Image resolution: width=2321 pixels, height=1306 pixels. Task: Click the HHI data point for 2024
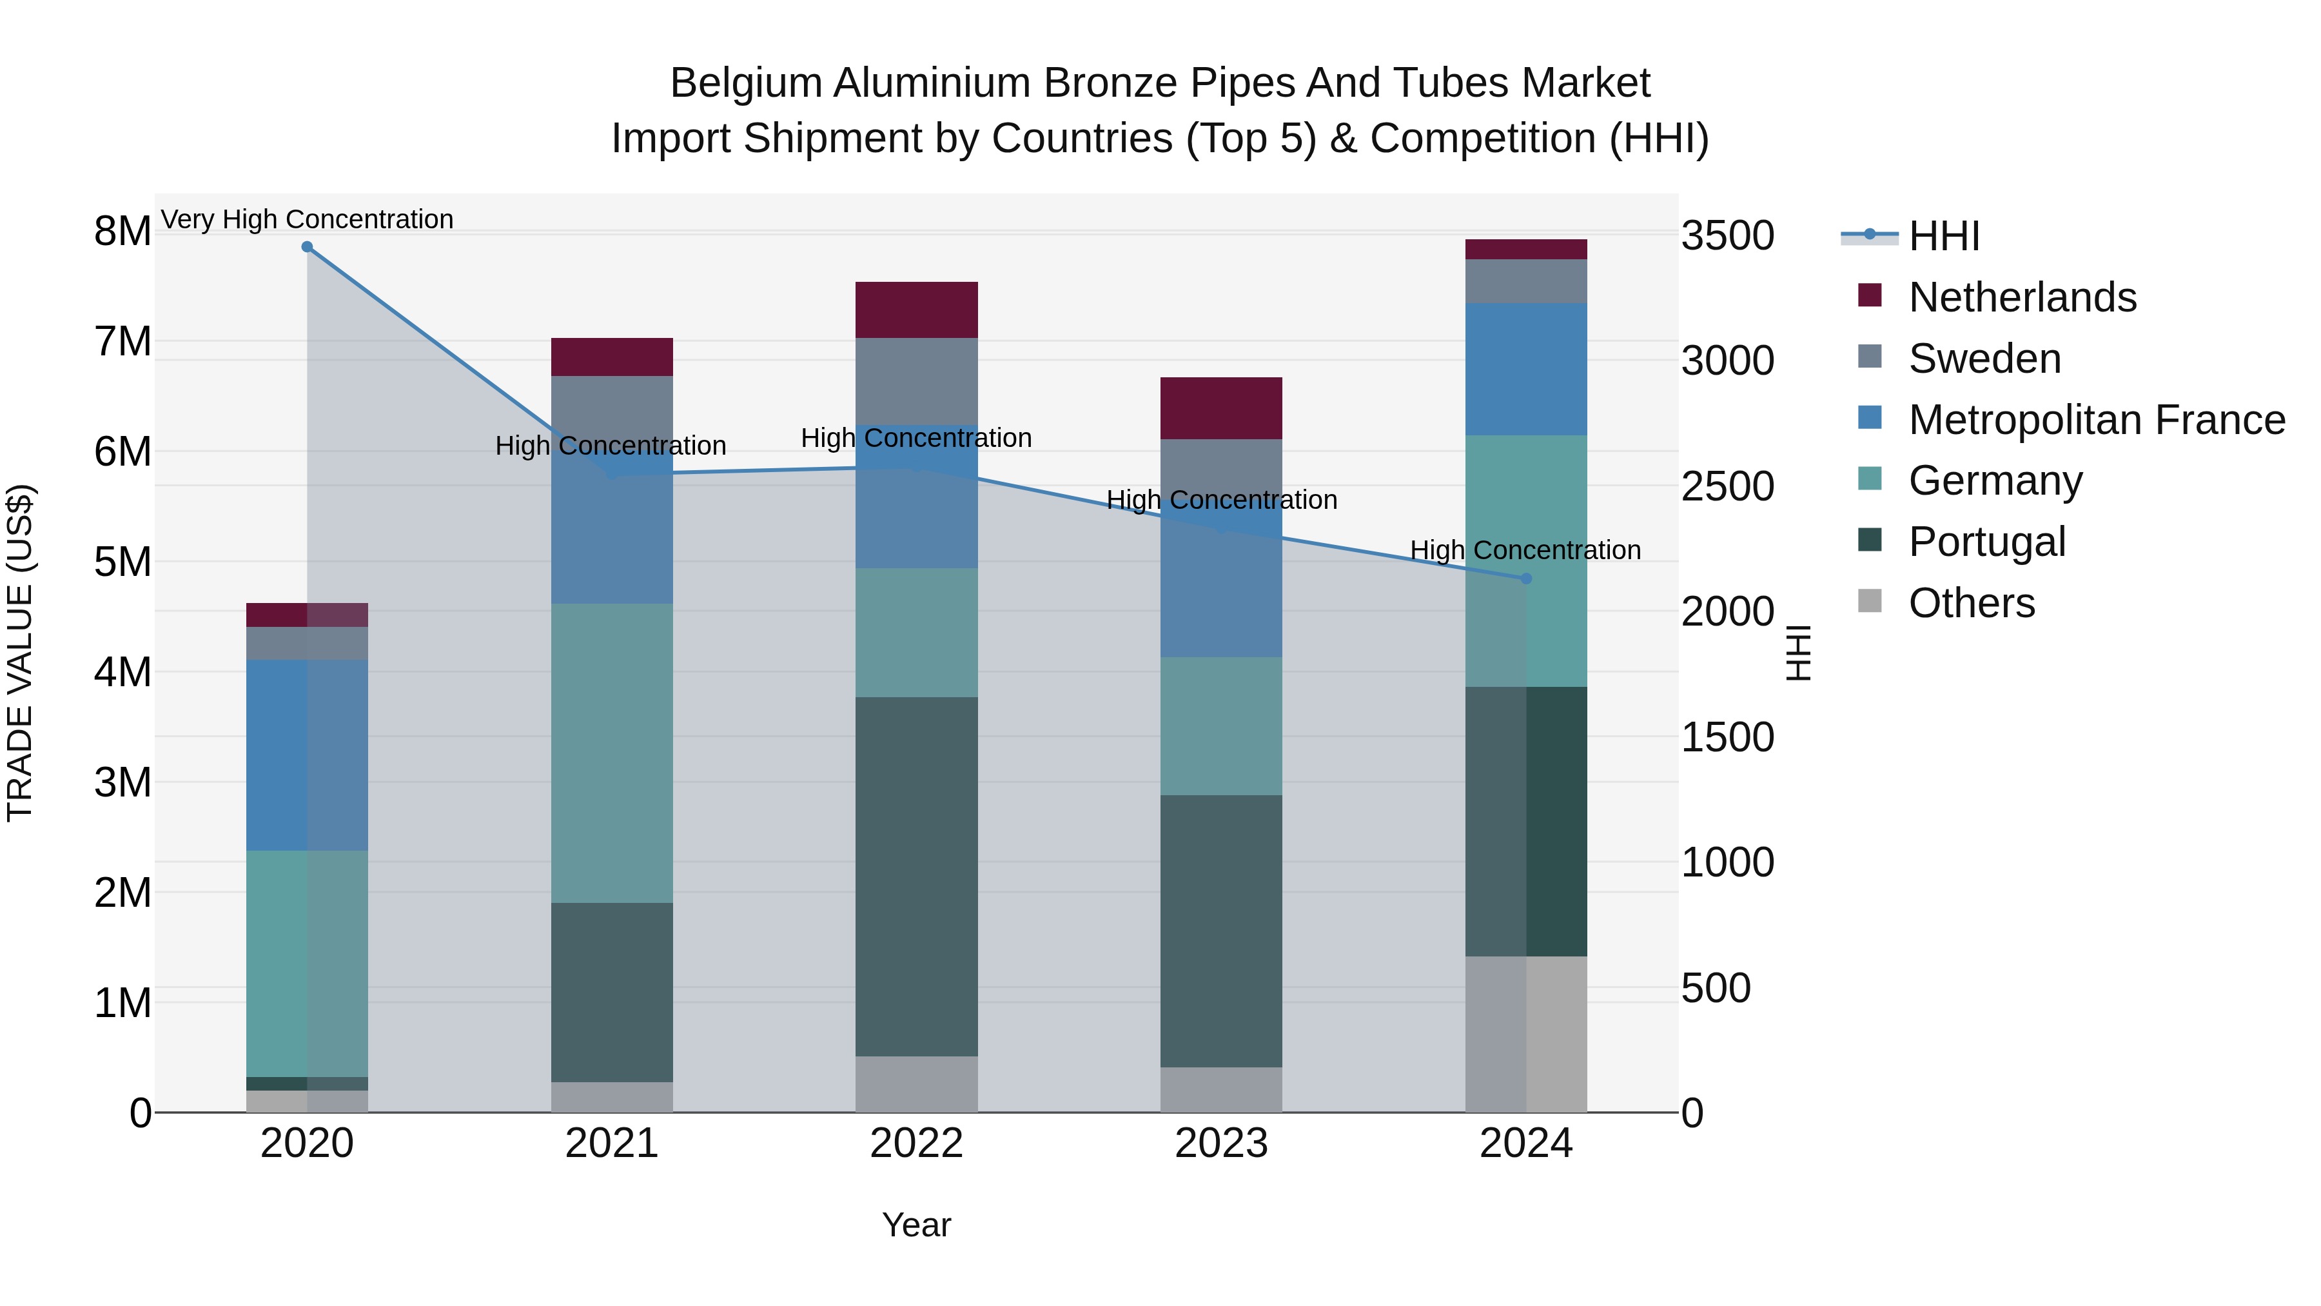click(1525, 579)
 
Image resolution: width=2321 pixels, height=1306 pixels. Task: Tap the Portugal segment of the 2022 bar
click(916, 876)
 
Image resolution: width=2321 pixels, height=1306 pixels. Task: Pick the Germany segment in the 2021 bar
click(612, 753)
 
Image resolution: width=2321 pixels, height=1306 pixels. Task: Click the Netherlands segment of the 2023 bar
click(1221, 408)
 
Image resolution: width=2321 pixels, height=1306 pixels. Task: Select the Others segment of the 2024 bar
click(1525, 1034)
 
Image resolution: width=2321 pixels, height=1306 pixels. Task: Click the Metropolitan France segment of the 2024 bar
click(1525, 369)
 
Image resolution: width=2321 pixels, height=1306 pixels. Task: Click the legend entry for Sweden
click(1984, 359)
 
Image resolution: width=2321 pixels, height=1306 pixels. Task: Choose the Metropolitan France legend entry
click(2096, 420)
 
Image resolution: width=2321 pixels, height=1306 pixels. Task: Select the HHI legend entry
click(1943, 236)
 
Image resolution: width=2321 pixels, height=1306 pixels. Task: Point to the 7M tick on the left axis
click(122, 342)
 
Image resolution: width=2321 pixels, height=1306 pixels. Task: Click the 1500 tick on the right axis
click(1727, 737)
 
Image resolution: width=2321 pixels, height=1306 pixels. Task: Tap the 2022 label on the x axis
click(916, 1143)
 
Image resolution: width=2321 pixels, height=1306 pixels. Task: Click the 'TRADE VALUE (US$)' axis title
click(20, 653)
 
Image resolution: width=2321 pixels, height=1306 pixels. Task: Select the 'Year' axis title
click(916, 1225)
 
